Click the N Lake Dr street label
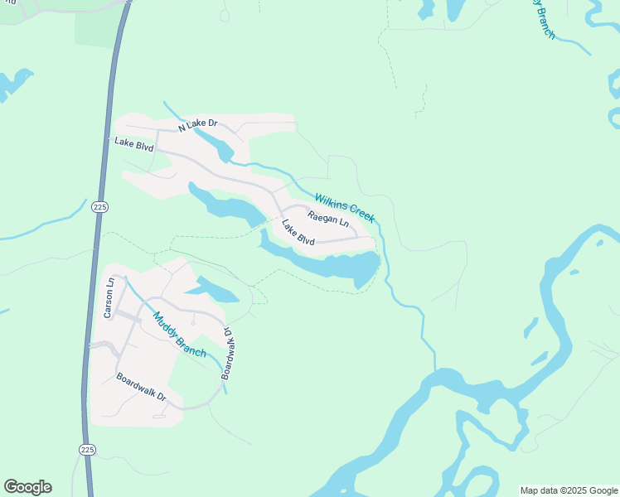click(x=199, y=124)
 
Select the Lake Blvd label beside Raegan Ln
click(x=298, y=232)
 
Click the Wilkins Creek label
click(x=344, y=207)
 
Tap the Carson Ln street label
click(x=108, y=297)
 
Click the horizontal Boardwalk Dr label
click(x=141, y=388)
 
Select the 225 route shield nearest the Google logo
click(x=88, y=449)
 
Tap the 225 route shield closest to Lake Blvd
click(x=99, y=206)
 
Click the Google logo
click(x=27, y=487)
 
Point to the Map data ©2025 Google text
click(x=568, y=490)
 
